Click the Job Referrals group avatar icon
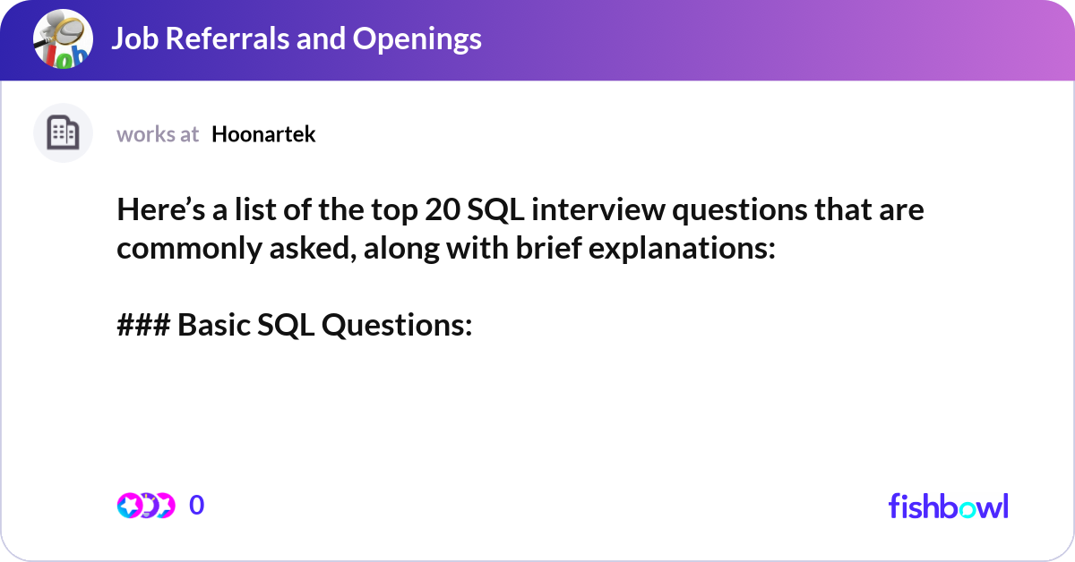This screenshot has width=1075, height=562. (x=64, y=40)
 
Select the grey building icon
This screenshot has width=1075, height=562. (x=63, y=133)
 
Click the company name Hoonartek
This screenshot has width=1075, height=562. (x=263, y=134)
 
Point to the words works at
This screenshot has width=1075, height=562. (x=158, y=134)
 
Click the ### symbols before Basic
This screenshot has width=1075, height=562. (x=143, y=326)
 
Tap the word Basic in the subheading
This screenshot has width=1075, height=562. (x=213, y=326)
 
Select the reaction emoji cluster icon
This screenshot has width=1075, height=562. (x=146, y=506)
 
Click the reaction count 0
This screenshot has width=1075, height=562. (x=197, y=506)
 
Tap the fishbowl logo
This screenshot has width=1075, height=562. (x=948, y=506)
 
